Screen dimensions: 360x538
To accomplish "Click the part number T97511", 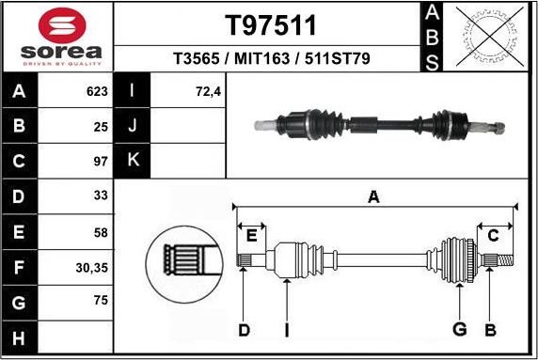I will [x=271, y=24].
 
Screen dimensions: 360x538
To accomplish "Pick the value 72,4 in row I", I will [x=207, y=92].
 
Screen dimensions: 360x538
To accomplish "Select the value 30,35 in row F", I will [x=90, y=267].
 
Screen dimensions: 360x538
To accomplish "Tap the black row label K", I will [x=133, y=161].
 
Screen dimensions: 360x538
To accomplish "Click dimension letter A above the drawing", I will [x=373, y=196].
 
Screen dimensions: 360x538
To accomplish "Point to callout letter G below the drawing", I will [x=460, y=329].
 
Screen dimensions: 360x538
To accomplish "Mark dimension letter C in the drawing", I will [x=494, y=234].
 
